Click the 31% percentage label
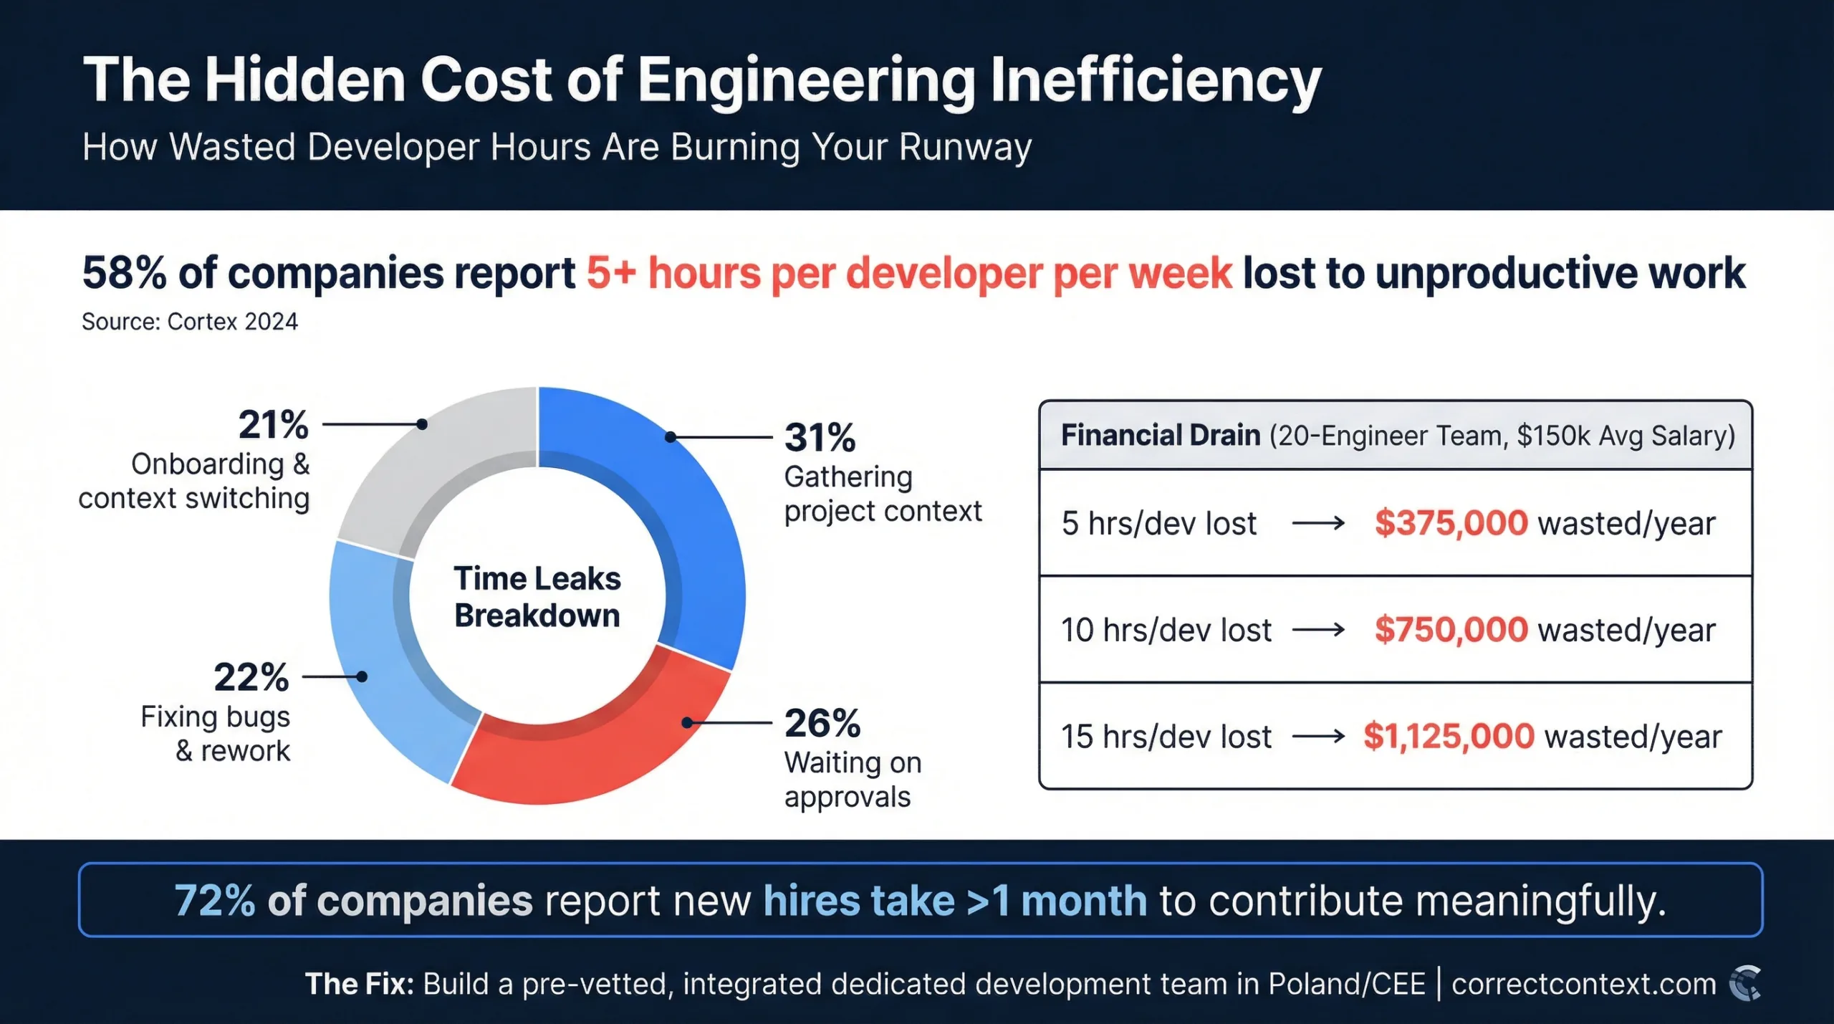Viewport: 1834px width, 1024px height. pos(820,437)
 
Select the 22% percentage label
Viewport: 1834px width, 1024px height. pos(251,676)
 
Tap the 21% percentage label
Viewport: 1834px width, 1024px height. pos(274,424)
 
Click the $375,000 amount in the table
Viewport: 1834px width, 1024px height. pos(1451,523)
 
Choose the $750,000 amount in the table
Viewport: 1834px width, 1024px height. pos(1451,630)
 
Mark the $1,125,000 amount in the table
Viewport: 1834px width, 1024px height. pos(1449,736)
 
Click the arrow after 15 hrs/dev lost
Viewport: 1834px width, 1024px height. pos(1318,737)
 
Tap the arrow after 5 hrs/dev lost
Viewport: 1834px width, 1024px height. pos(1318,524)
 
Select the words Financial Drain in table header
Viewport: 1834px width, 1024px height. pos(1160,436)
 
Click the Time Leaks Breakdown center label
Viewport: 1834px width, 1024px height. pos(537,597)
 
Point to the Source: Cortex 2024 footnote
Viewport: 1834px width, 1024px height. pos(190,322)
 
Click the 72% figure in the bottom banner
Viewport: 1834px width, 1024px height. pos(214,901)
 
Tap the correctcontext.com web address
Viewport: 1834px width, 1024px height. pos(1583,984)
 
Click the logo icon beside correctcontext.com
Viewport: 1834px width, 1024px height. pos(1745,984)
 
